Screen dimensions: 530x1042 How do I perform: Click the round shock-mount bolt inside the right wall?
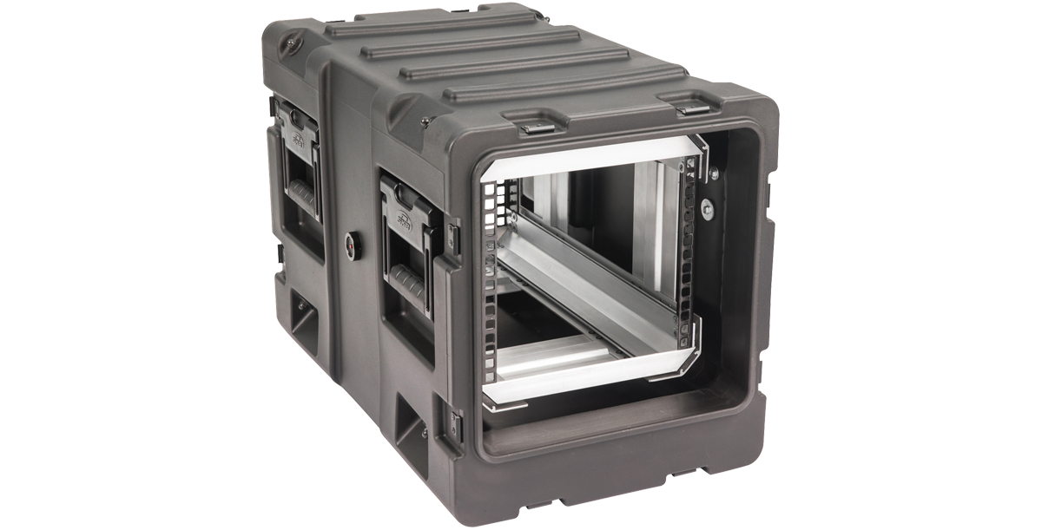(x=709, y=207)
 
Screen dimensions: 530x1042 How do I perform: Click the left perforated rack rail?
(x=492, y=286)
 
